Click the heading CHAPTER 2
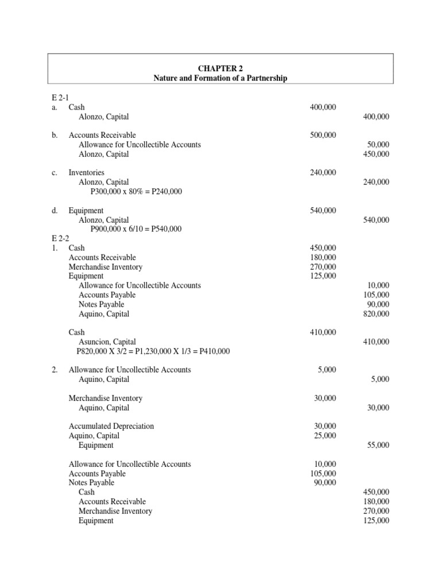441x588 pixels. pos(220,68)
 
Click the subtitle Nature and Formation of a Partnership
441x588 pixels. pos(220,78)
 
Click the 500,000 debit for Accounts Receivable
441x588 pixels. pos(323,135)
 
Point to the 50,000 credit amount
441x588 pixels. pos(377,145)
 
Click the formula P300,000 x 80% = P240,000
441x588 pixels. pos(136,191)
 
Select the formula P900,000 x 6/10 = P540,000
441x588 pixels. pos(136,229)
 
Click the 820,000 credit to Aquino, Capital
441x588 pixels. pos(376,314)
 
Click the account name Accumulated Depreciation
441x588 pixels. pos(111,426)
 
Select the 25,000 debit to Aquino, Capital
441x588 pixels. pos(325,436)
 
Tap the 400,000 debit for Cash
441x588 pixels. pos(323,107)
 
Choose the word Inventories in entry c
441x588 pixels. pos(86,172)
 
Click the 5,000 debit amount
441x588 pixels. pos(327,370)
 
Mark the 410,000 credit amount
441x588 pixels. pos(376,342)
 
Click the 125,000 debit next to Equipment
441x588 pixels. pos(323,276)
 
